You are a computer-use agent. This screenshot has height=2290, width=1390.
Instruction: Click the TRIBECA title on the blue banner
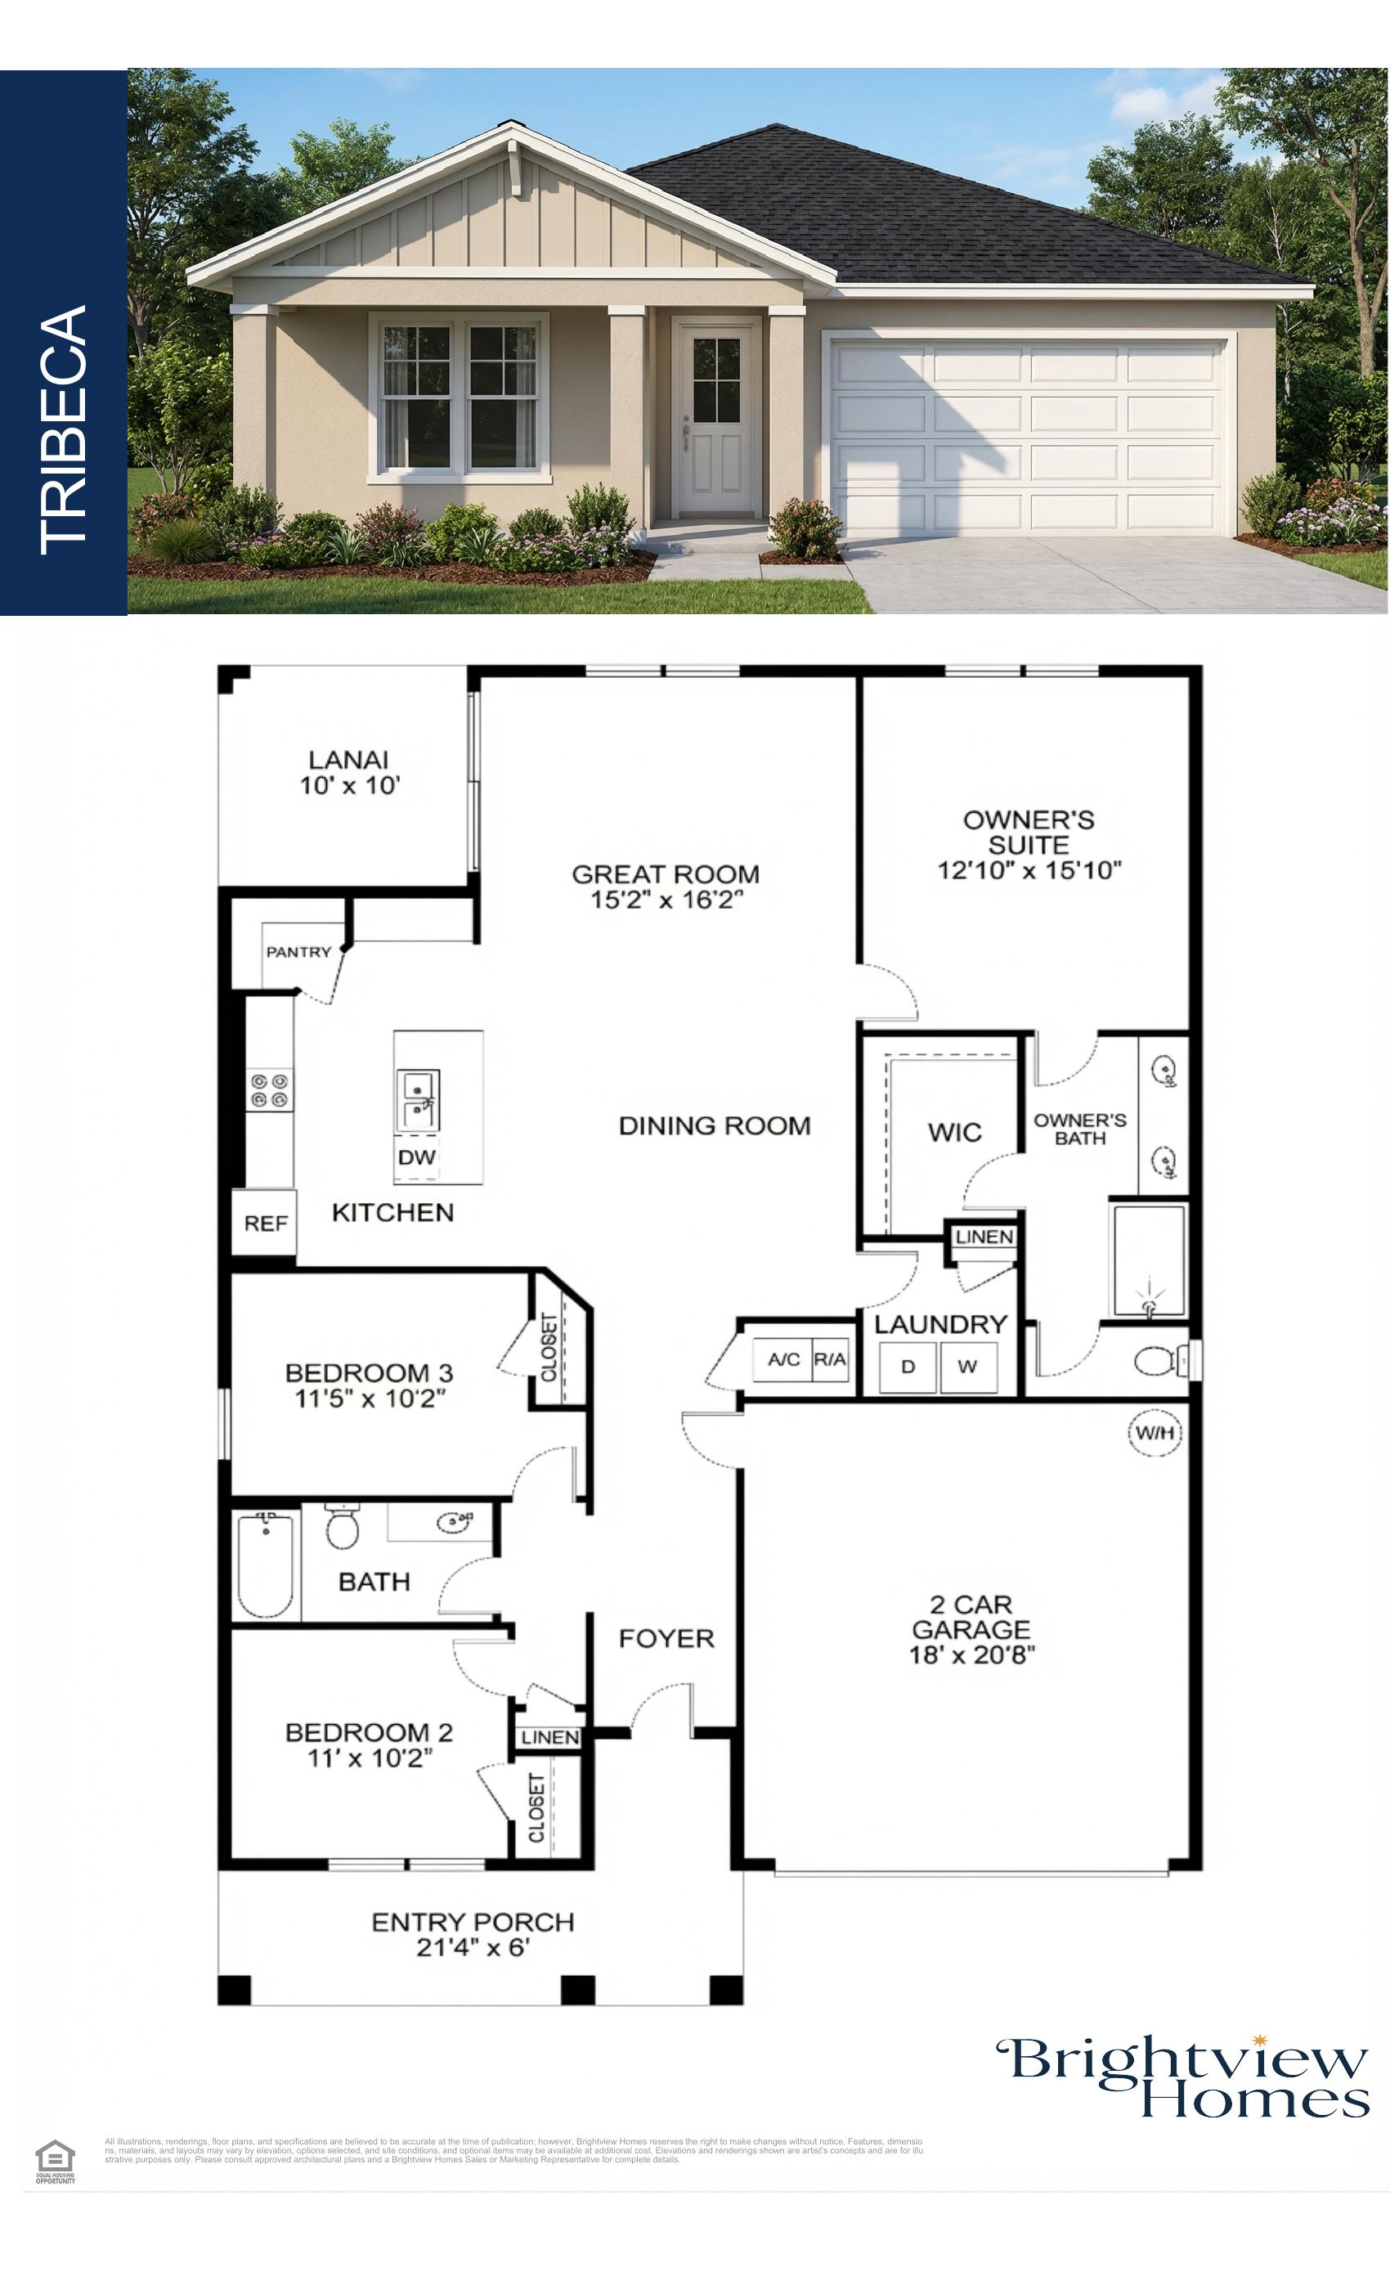63,429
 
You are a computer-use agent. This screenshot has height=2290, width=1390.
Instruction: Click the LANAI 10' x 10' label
348,772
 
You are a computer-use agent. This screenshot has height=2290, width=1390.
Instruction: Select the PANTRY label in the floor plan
298,952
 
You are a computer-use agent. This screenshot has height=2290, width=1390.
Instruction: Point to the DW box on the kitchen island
416,1157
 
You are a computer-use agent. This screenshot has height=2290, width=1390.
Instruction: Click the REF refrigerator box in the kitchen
265,1223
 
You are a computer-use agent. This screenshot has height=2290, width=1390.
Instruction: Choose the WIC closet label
954,1132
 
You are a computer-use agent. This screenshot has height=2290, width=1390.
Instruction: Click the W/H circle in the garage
1154,1432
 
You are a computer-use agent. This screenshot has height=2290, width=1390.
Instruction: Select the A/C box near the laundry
783,1359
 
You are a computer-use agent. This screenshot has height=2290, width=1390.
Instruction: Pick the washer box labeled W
967,1366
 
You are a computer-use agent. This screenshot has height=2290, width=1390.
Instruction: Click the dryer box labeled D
908,1366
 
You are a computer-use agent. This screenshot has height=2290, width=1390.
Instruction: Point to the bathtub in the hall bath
266,1565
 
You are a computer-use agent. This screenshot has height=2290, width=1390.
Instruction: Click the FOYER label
666,1638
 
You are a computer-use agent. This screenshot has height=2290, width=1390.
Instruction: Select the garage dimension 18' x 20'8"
971,1655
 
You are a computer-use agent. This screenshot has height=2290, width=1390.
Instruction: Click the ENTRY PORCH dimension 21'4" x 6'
472,1947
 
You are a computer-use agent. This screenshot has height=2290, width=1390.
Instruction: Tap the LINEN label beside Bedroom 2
549,1737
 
